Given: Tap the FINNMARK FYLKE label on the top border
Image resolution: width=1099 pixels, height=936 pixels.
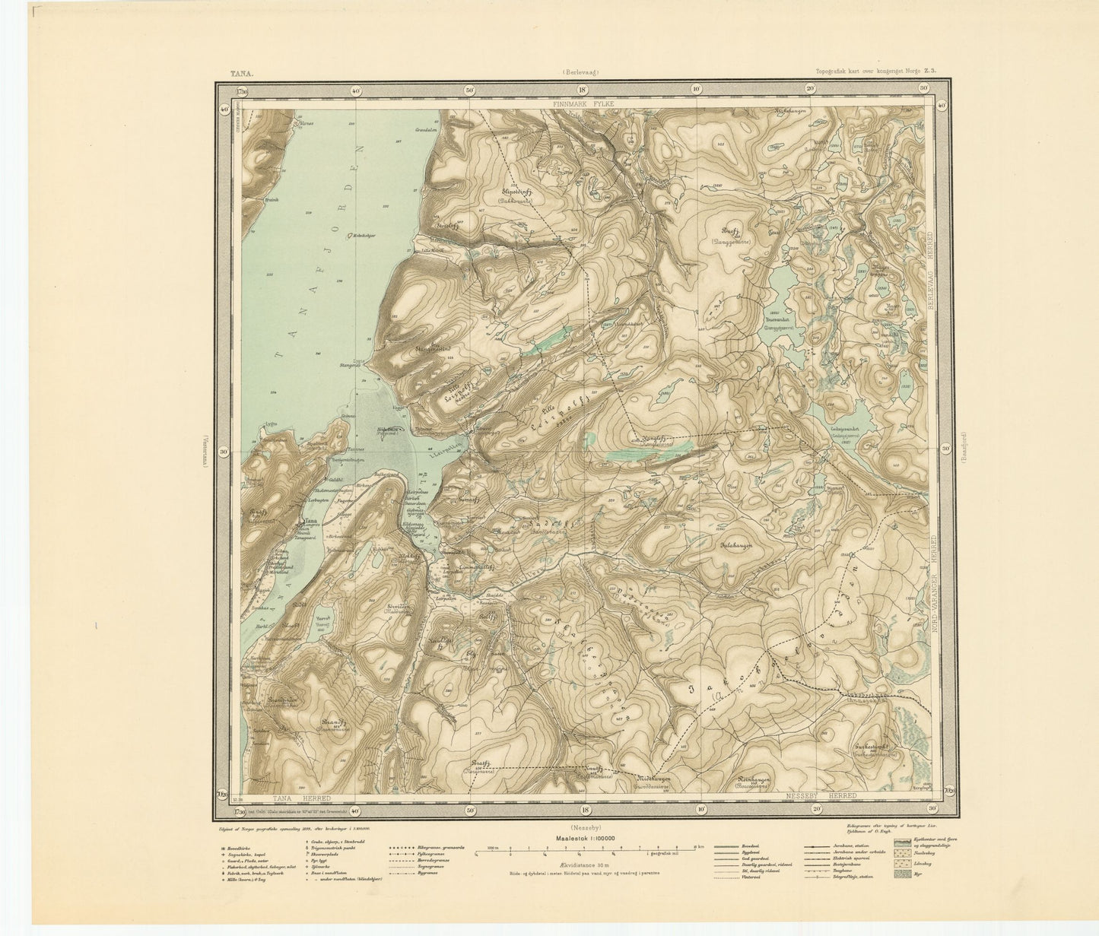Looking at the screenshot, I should tap(583, 101).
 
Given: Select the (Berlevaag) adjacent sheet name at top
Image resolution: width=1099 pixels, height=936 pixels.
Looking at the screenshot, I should tap(581, 73).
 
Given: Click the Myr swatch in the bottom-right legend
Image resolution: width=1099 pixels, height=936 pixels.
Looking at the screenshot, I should tap(903, 874).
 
